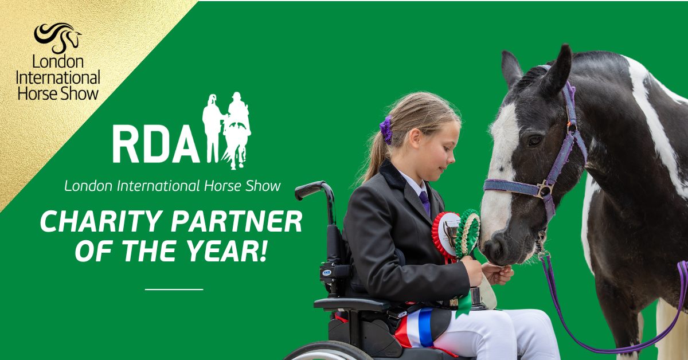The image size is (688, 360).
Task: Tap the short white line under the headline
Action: click(174, 289)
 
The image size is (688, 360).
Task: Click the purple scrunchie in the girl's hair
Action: click(386, 130)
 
